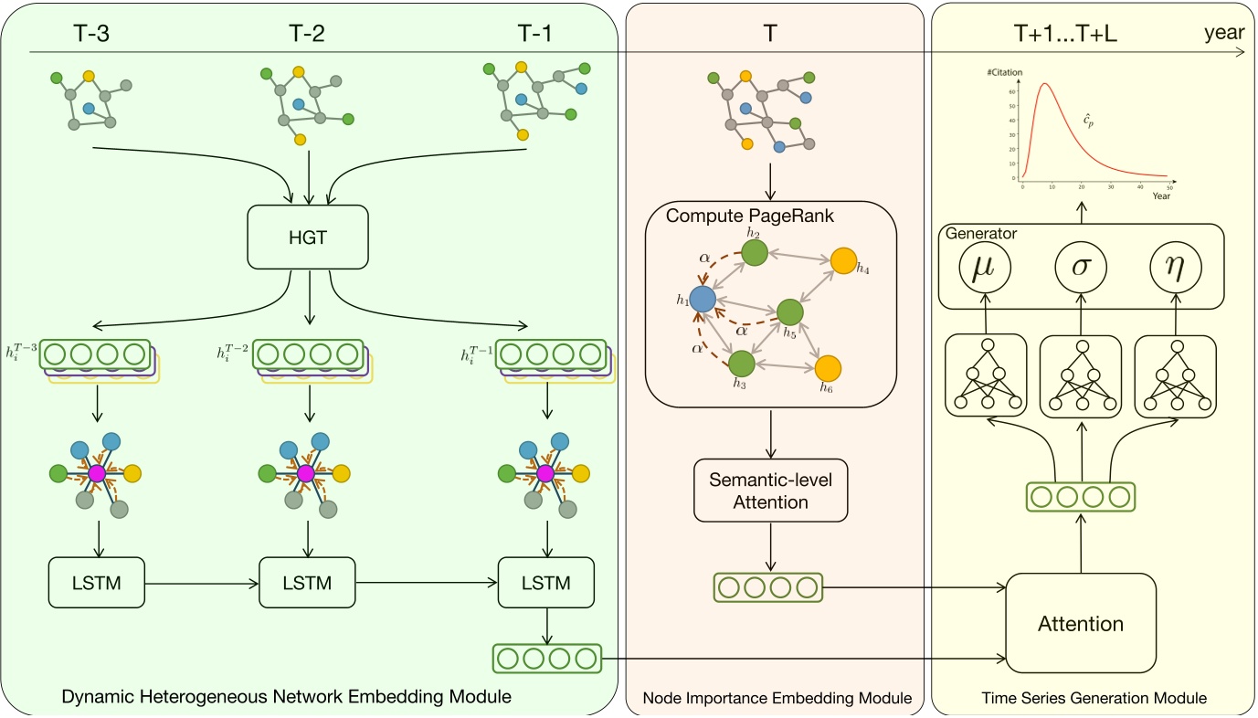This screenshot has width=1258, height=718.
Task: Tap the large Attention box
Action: click(1081, 625)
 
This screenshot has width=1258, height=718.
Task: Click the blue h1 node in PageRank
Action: click(702, 299)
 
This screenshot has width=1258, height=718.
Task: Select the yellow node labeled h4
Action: click(843, 261)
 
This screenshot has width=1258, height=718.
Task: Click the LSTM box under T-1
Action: click(545, 582)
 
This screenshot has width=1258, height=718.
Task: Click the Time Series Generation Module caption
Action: click(1093, 698)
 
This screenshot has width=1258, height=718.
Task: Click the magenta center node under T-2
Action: click(306, 474)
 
